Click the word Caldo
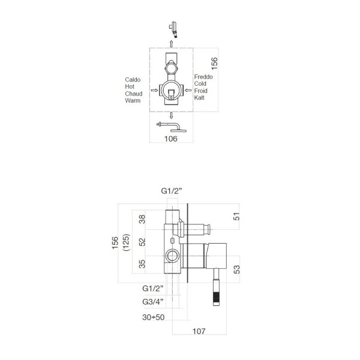pyautogui.click(x=133, y=79)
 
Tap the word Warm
pyautogui.click(x=133, y=101)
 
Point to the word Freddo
pyautogui.click(x=203, y=77)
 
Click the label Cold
pyautogui.click(x=200, y=85)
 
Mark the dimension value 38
pyautogui.click(x=142, y=219)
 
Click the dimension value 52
pyautogui.click(x=142, y=242)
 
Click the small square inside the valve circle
pyautogui.click(x=171, y=92)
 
